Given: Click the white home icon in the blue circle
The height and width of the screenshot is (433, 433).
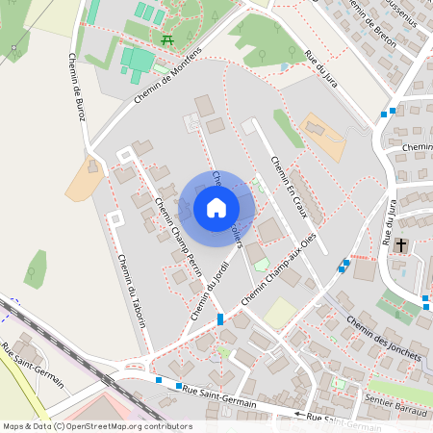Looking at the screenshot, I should coord(216,208).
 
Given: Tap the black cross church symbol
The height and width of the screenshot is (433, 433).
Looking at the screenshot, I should coord(399,243).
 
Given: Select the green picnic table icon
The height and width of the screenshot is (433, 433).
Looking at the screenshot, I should coord(168,39).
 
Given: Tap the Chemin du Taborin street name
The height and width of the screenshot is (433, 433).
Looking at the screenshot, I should coord(132,289).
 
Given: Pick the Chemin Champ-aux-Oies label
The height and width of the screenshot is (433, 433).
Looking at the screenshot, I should coord(283,271).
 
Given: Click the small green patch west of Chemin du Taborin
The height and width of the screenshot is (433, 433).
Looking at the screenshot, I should coord(36,268).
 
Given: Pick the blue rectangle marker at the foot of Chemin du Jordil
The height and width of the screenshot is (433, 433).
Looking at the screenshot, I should coord(220,318).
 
